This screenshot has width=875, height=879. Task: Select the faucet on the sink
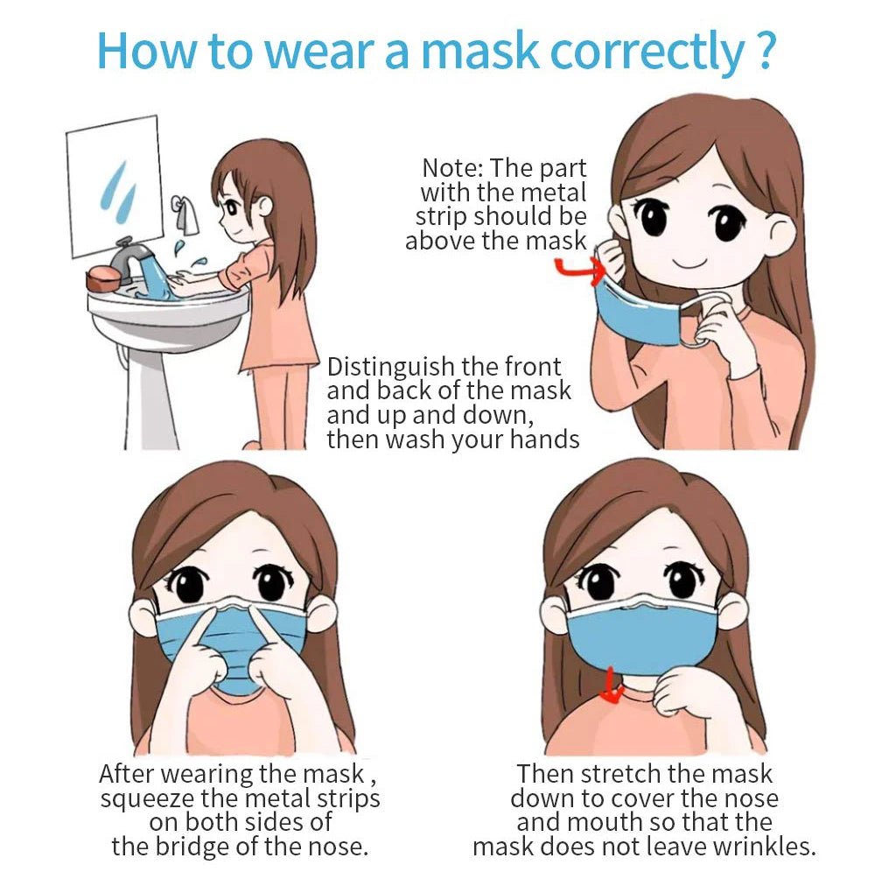pos(130,253)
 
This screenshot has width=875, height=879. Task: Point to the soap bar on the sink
pos(103,278)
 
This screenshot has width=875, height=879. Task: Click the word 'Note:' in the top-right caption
pos(453,168)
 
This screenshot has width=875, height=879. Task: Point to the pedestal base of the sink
pos(149,394)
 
